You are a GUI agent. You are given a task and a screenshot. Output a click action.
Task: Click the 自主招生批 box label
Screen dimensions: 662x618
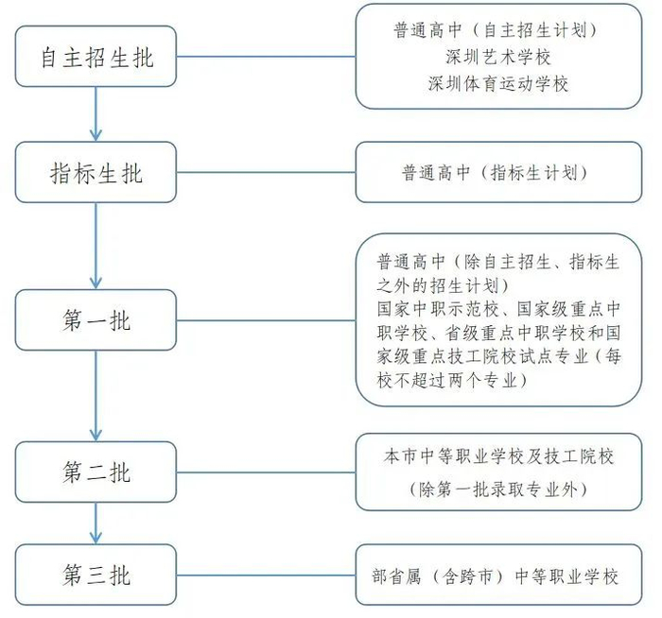click(x=96, y=58)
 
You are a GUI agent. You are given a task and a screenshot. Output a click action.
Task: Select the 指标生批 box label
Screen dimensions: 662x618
click(x=96, y=173)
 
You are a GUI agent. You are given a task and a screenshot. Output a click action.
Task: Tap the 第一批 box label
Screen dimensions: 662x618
click(x=96, y=320)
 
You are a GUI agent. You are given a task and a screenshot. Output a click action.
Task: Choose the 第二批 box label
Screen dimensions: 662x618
click(x=96, y=472)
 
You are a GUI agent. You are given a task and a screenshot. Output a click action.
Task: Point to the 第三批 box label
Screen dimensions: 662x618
click(x=96, y=575)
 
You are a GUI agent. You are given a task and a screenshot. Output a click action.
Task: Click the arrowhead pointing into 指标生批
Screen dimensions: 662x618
click(x=96, y=135)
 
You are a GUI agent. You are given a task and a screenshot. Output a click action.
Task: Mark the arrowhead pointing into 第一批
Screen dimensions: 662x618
click(x=96, y=283)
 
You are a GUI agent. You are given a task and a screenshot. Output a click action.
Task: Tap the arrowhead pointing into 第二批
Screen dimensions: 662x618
click(x=96, y=435)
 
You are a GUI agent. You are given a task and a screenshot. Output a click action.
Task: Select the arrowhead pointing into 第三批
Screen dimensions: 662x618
click(x=96, y=538)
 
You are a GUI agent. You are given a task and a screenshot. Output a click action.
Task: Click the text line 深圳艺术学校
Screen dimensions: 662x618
click(x=498, y=57)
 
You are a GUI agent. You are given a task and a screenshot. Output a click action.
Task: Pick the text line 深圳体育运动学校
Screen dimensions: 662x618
click(x=498, y=84)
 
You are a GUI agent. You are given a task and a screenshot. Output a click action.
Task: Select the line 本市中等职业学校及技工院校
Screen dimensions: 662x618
click(x=498, y=456)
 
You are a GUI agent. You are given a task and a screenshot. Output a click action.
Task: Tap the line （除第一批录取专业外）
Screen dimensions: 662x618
click(x=498, y=489)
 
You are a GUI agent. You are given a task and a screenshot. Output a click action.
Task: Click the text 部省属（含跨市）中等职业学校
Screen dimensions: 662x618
click(x=496, y=576)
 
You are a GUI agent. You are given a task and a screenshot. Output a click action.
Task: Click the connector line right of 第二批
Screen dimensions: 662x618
click(x=266, y=472)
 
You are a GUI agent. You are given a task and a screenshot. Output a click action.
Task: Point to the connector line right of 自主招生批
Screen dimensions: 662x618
click(x=266, y=57)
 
